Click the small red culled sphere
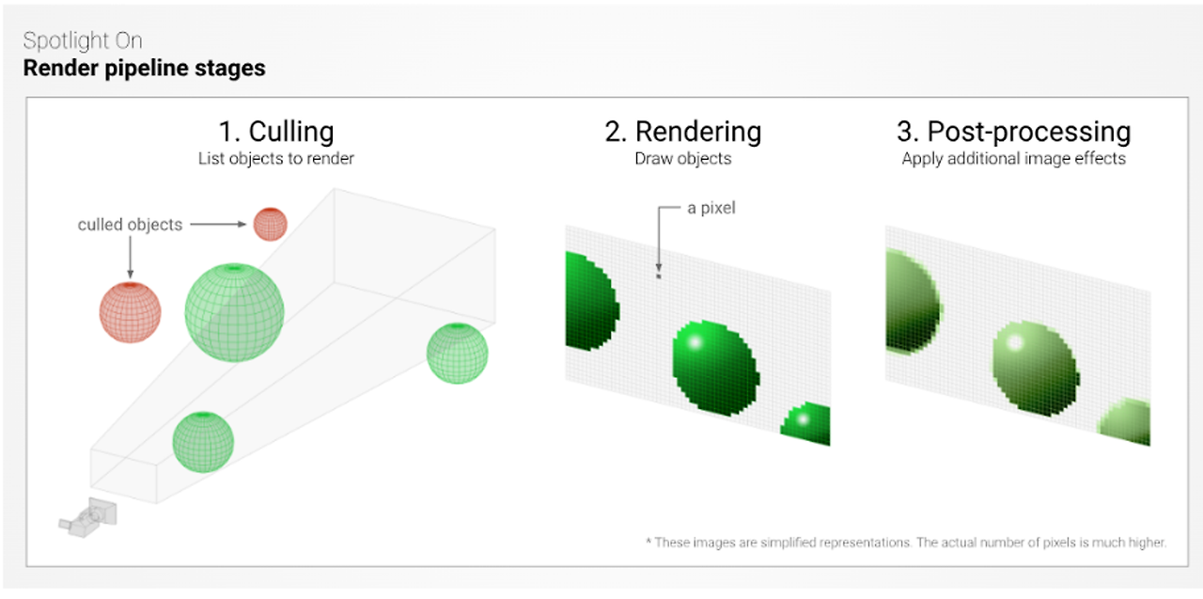(270, 224)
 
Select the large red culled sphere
(131, 311)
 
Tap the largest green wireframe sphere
(234, 311)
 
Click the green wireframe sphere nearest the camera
(203, 441)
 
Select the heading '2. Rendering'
(682, 132)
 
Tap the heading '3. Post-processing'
(1013, 132)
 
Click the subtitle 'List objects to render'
(275, 159)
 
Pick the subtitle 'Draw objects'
(682, 159)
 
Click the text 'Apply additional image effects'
(1013, 159)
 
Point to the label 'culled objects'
(130, 225)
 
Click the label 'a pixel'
(711, 208)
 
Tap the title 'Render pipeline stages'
(144, 69)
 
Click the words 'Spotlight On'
(83, 41)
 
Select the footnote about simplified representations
(905, 543)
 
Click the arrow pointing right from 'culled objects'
(219, 225)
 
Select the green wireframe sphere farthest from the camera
(458, 353)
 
